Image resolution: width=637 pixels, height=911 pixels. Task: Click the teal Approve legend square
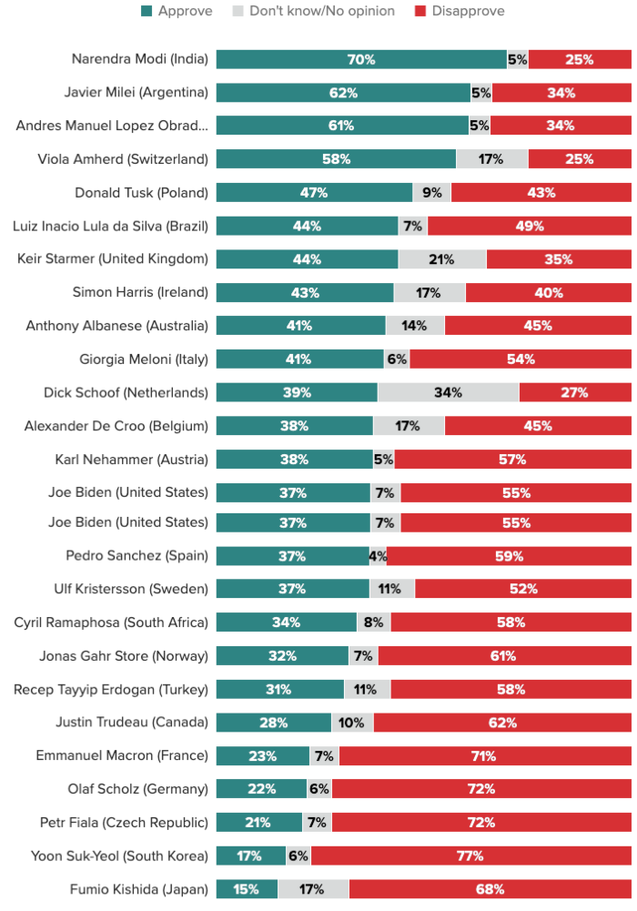pyautogui.click(x=147, y=11)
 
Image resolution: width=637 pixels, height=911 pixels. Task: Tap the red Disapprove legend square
pyautogui.click(x=420, y=11)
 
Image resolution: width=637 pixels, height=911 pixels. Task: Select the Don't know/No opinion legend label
pyautogui.click(x=322, y=11)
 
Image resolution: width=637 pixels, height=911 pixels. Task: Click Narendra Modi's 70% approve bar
pyautogui.click(x=361, y=59)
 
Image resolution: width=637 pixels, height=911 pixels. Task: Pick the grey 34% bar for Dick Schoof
pyautogui.click(x=449, y=392)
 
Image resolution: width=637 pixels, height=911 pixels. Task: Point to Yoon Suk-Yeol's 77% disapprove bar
pyautogui.click(x=471, y=855)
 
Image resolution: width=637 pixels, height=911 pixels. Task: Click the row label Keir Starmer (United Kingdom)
pyautogui.click(x=113, y=258)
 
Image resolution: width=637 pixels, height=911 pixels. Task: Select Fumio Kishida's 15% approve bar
pyautogui.click(x=247, y=889)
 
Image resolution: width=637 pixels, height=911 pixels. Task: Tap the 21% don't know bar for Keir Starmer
pyautogui.click(x=442, y=259)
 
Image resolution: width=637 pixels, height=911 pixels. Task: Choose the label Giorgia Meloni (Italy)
pyautogui.click(x=144, y=359)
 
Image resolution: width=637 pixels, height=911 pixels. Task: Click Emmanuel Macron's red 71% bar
pyautogui.click(x=485, y=755)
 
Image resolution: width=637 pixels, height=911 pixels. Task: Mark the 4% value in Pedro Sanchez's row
pyautogui.click(x=378, y=556)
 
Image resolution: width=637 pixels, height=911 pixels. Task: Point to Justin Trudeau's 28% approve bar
pyautogui.click(x=274, y=723)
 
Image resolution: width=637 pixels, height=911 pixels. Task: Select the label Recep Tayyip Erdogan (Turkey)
pyautogui.click(x=111, y=689)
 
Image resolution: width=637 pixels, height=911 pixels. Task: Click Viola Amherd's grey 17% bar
pyautogui.click(x=491, y=158)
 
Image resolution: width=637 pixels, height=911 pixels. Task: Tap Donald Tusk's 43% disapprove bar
pyautogui.click(x=541, y=192)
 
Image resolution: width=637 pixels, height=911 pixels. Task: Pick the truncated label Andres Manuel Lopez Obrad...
pyautogui.click(x=112, y=126)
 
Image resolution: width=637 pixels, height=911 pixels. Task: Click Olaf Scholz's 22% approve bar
pyautogui.click(x=261, y=788)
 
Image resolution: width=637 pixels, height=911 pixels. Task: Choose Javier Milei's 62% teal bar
pyautogui.click(x=343, y=93)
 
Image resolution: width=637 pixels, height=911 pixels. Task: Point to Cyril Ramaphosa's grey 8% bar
pyautogui.click(x=373, y=622)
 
